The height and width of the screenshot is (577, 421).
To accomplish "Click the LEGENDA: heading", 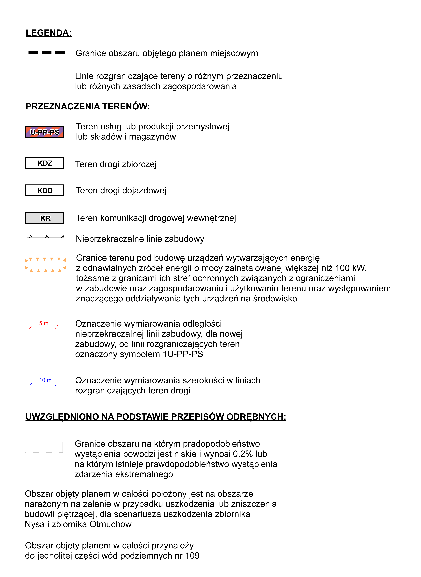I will pos(49,33).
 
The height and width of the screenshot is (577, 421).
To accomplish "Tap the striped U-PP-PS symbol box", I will pos(45,132).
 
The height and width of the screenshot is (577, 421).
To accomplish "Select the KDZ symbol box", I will pos(45,163).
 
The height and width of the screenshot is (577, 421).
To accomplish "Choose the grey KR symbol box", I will pos(45,218).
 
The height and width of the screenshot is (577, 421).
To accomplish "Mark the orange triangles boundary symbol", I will pos(45,264).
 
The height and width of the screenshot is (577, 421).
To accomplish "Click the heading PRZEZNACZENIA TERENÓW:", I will pos(88,106).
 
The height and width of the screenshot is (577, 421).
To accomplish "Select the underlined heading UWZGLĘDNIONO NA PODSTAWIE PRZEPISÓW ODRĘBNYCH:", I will pos(156,417).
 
